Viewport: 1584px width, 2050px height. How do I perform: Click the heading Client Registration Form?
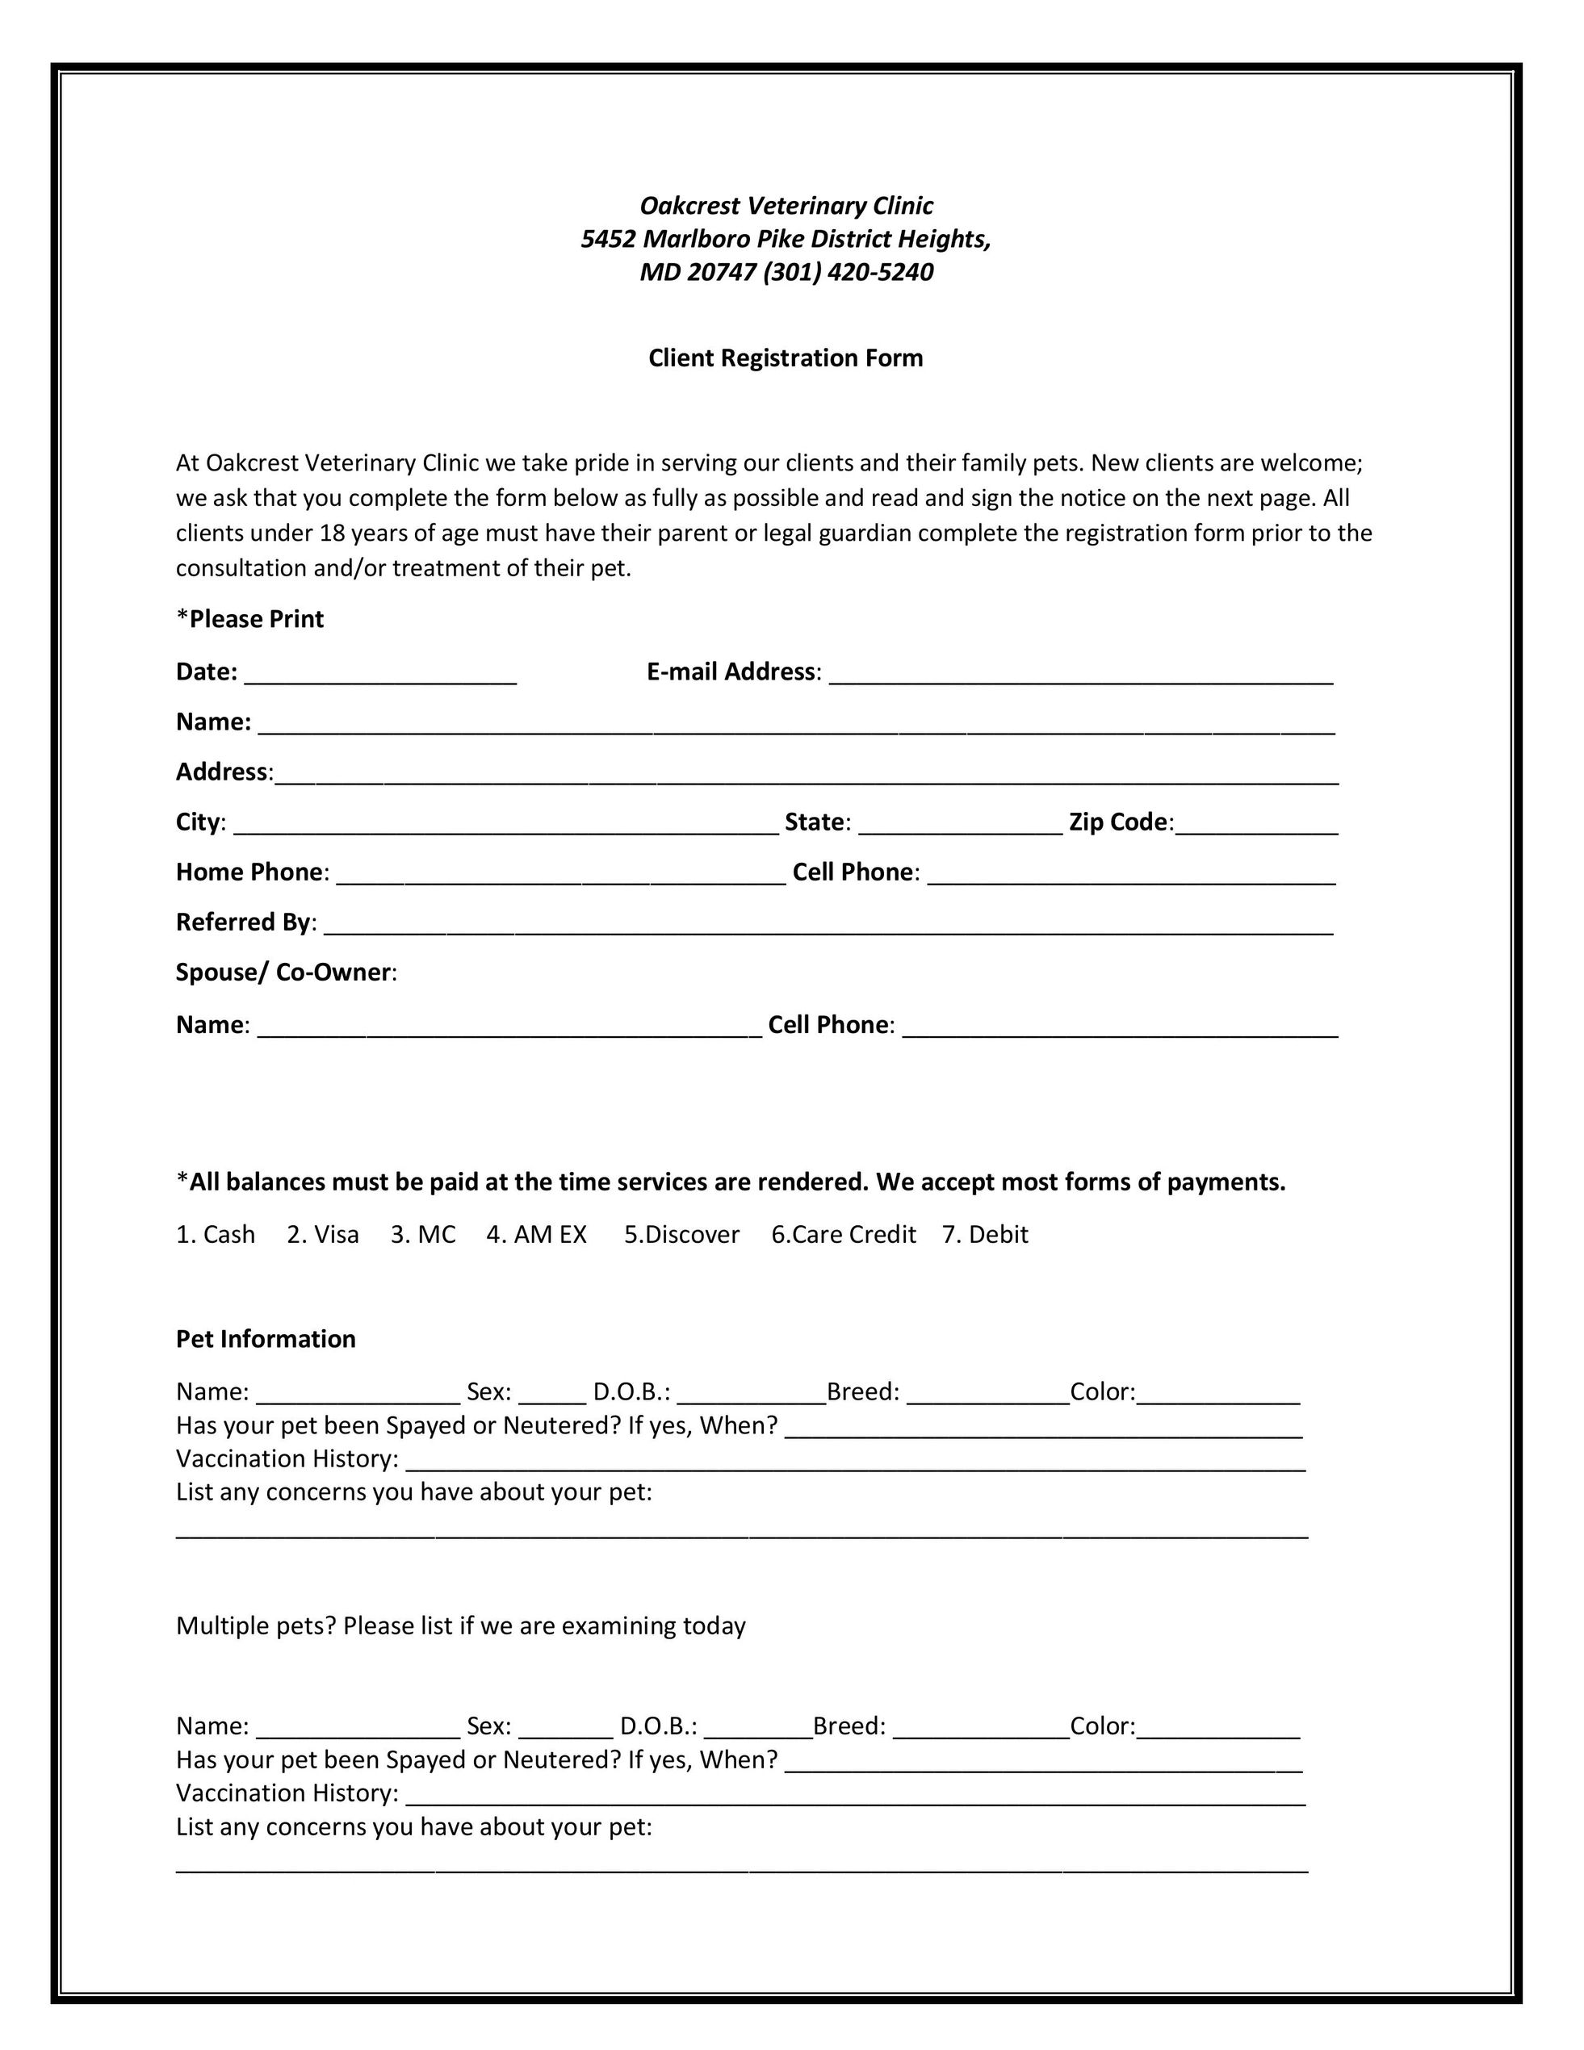(785, 358)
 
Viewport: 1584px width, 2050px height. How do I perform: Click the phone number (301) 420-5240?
(848, 272)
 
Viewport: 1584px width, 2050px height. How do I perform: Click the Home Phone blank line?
(560, 876)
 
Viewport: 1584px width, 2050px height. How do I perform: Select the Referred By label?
(244, 922)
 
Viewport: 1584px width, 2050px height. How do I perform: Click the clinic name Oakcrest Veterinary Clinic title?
(786, 206)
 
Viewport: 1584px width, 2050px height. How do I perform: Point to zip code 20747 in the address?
(720, 272)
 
